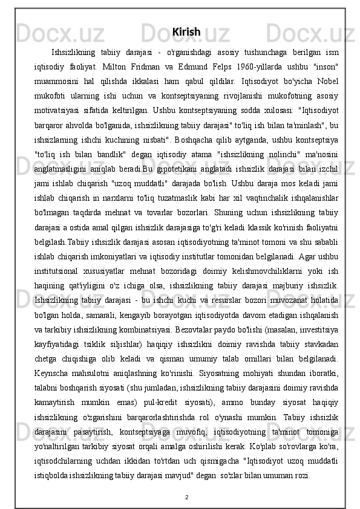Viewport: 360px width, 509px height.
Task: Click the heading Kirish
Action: pyautogui.click(x=186, y=31)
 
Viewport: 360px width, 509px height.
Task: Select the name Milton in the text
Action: pyautogui.click(x=115, y=65)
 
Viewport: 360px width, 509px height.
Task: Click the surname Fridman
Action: pyautogui.click(x=156, y=65)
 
